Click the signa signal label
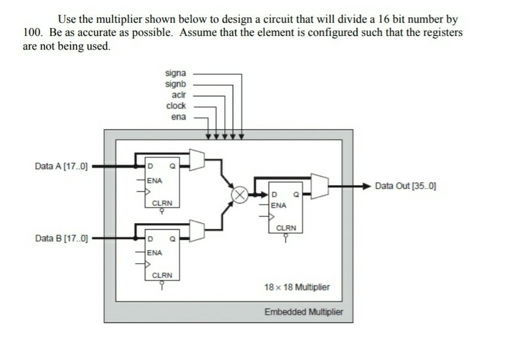click(175, 74)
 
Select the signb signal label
click(175, 84)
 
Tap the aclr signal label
click(178, 95)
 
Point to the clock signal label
click(176, 106)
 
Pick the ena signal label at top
click(178, 117)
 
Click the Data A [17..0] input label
click(61, 166)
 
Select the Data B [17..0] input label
click(61, 240)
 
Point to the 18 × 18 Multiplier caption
click(296, 287)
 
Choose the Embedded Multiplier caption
click(304, 312)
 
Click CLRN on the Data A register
click(162, 203)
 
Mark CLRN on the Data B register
click(162, 275)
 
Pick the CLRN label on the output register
click(286, 228)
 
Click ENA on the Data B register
click(155, 252)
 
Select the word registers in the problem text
click(441, 32)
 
